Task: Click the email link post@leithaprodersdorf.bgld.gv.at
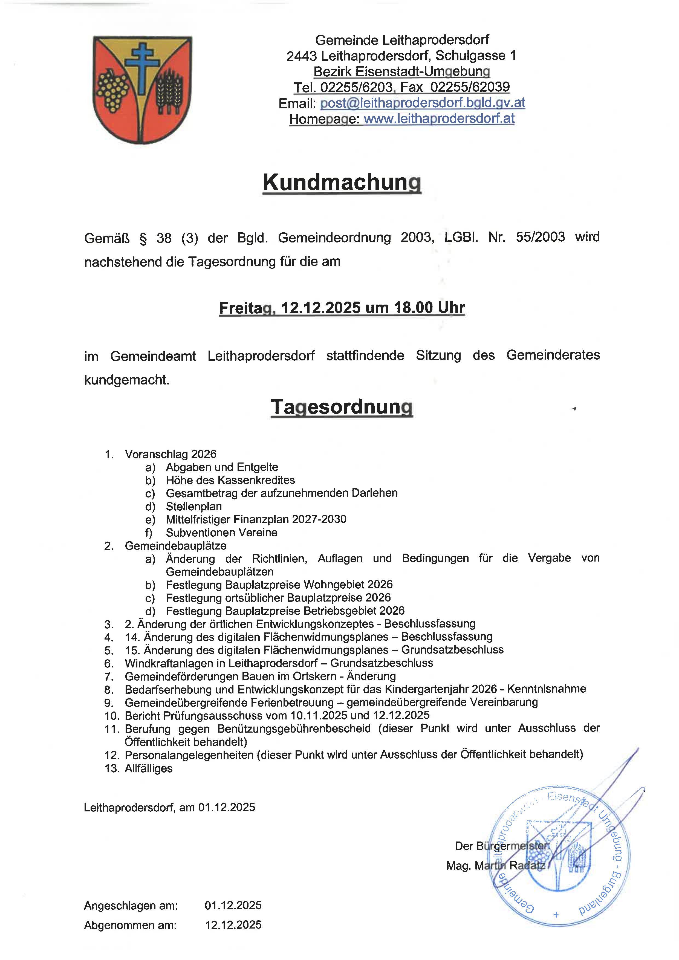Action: pos(422,103)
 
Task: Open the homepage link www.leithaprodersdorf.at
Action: pos(439,119)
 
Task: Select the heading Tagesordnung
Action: pos(342,407)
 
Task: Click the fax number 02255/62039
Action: pos(470,87)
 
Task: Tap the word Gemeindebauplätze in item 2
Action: pos(176,546)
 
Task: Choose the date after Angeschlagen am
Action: pos(233,906)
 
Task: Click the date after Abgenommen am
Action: pos(233,925)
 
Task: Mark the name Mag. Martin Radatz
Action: pos(495,866)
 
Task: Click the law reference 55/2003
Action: pos(540,237)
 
